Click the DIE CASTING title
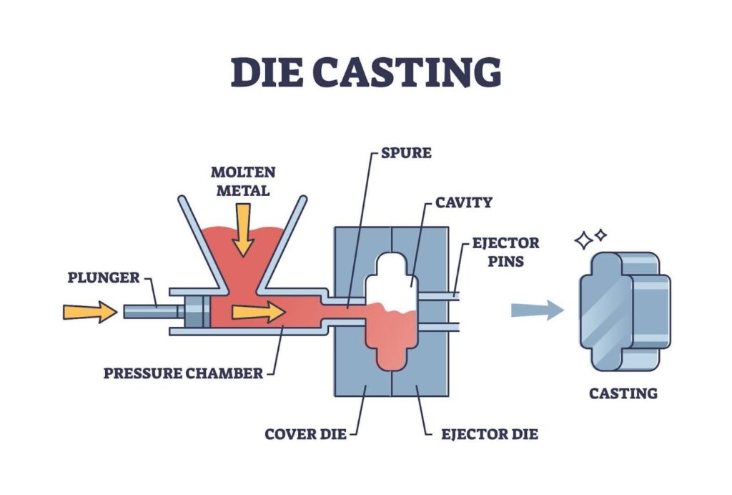click(x=365, y=72)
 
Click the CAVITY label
click(x=463, y=202)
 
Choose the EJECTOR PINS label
click(x=505, y=252)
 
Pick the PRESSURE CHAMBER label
click(x=182, y=373)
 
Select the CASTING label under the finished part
click(x=623, y=393)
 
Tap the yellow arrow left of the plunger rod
click(x=89, y=311)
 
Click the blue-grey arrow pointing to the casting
click(x=537, y=310)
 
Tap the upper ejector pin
click(x=437, y=294)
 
